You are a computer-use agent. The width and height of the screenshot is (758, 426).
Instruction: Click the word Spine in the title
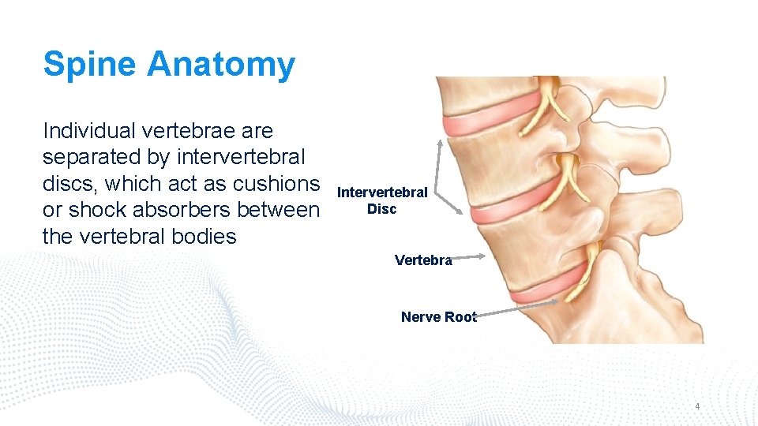[90, 65]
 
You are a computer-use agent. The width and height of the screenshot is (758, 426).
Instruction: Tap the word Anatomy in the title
[221, 65]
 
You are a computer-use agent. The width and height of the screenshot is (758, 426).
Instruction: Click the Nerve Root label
[438, 317]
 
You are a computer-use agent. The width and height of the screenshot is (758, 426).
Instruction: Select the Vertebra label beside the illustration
[423, 260]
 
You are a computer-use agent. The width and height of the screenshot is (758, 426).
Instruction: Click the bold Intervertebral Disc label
[382, 200]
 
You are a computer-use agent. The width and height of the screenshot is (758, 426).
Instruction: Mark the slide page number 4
[697, 407]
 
